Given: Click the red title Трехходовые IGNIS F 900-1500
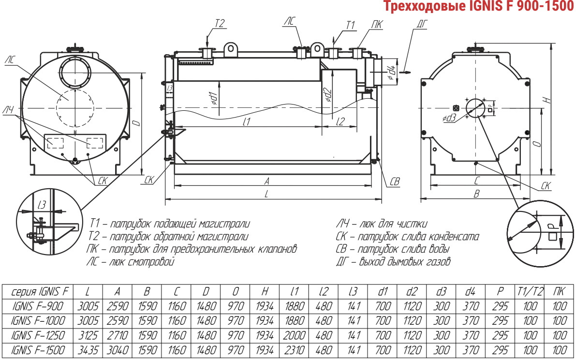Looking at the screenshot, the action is point(479,6).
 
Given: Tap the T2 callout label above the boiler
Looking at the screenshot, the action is point(219,24).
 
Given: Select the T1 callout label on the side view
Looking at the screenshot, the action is point(351,25).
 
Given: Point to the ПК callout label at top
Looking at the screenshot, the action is point(377,25).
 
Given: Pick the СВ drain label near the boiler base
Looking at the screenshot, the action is point(394,181).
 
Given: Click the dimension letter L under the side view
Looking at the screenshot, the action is point(266,194).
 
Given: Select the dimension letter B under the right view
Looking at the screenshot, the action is point(476,194).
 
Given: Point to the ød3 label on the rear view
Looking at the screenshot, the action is point(449,118).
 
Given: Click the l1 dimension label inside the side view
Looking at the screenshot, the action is point(247,121).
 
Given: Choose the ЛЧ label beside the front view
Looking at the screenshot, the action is point(8,110).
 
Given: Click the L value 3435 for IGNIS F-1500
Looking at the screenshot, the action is point(88,350).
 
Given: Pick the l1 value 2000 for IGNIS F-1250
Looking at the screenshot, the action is point(294,335).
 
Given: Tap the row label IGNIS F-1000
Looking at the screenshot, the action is point(38,320).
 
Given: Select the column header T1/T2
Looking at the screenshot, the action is point(530,292).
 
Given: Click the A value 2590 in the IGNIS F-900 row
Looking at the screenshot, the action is point(117,306).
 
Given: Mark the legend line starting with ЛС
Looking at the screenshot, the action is point(131,262).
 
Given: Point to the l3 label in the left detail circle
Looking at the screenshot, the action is point(42,204).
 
